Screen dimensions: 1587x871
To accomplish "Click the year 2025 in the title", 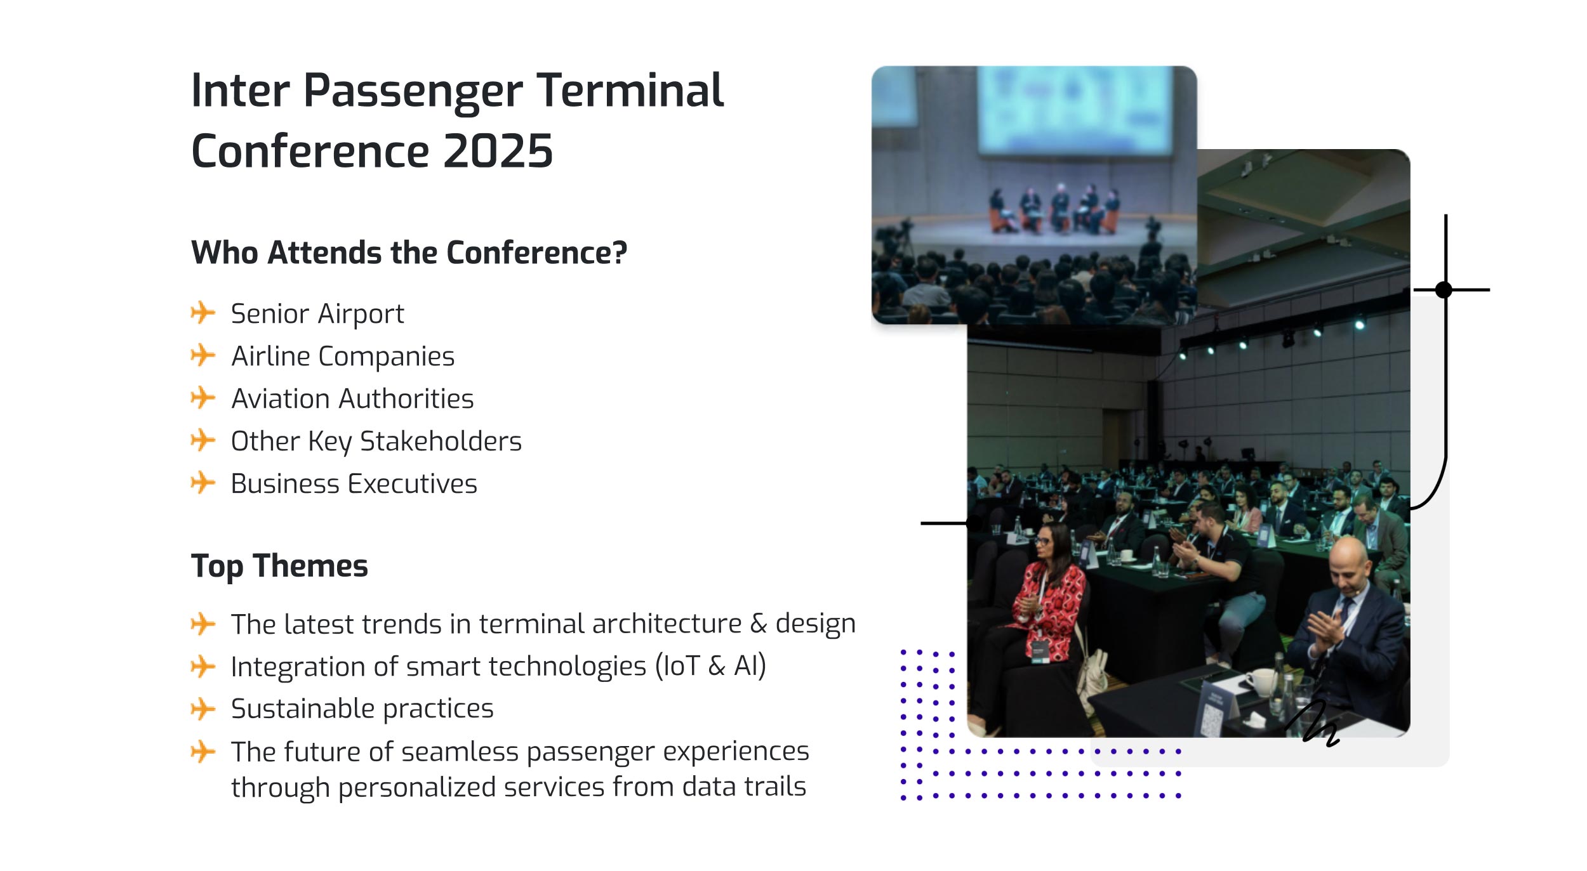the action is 498,151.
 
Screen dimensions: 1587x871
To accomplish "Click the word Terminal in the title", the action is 630,90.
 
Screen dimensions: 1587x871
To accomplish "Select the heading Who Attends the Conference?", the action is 409,252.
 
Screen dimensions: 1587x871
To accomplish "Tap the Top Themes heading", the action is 279,565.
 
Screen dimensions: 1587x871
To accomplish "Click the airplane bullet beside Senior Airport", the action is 203,312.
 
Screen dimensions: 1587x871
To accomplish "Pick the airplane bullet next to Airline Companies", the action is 203,355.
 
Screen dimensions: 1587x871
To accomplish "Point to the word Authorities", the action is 406,399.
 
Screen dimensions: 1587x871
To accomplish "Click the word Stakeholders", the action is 441,442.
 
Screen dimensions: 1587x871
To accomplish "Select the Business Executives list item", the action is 354,484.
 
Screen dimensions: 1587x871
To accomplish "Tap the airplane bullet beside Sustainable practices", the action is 203,709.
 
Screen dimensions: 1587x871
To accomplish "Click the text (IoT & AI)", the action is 711,666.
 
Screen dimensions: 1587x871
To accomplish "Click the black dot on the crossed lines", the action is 1444,290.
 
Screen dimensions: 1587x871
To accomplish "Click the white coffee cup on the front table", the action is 1261,681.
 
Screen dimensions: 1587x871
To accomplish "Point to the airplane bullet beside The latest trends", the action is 203,624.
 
